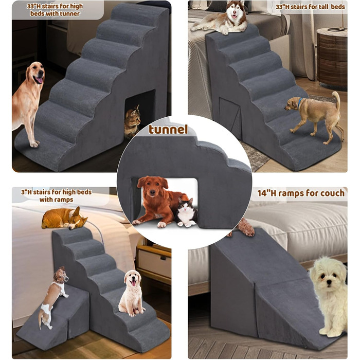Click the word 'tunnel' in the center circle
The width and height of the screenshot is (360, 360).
(168, 130)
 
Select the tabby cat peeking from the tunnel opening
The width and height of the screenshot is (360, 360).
(132, 120)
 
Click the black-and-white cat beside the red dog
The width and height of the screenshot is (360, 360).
(186, 212)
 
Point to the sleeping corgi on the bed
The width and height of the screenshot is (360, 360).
(64, 219)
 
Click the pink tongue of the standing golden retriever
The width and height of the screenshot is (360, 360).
(40, 80)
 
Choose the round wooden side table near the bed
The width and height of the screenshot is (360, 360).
(332, 59)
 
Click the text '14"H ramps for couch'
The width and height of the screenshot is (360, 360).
(301, 193)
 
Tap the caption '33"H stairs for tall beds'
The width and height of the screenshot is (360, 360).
(310, 7)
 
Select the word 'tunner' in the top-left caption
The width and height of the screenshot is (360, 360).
(68, 14)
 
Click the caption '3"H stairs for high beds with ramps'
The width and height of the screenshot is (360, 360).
(57, 195)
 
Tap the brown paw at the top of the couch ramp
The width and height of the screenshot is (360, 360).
(246, 227)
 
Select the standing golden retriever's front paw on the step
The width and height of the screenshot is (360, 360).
(34, 144)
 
